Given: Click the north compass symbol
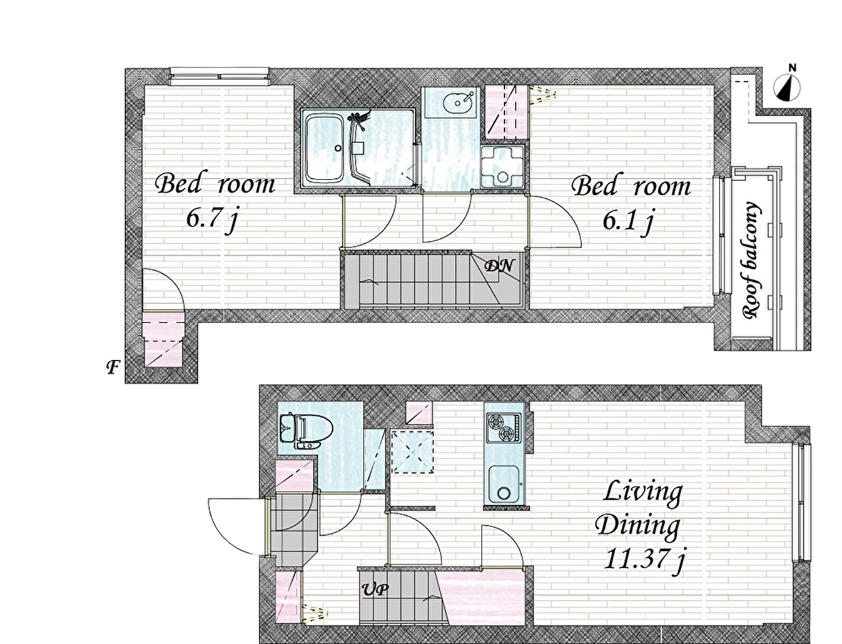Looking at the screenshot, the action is click(787, 85).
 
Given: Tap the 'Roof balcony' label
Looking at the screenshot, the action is click(751, 259).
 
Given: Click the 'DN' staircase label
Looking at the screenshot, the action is click(499, 266).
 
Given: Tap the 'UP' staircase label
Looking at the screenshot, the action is click(375, 590).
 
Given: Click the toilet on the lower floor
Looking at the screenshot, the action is click(306, 431).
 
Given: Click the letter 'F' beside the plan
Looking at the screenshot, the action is click(113, 367).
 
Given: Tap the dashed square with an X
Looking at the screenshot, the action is click(412, 452).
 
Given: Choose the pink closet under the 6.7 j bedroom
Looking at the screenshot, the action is click(163, 340).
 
